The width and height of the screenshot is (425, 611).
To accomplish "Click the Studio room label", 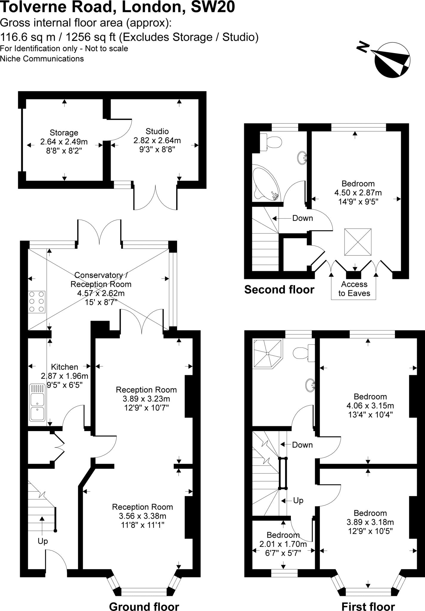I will point(157,132).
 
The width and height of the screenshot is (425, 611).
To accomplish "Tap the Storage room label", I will point(64,133).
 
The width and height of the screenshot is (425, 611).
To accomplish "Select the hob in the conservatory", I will point(37,302).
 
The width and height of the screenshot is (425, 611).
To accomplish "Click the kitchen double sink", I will point(37,402).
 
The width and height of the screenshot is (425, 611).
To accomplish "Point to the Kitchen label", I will point(65,367).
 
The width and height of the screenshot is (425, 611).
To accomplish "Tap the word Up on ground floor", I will point(43,541).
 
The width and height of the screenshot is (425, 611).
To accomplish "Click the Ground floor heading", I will point(144,604).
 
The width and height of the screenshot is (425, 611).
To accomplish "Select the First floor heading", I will point(368,604).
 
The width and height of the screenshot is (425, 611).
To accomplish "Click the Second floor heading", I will point(279,290).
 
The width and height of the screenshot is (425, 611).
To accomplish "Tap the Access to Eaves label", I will point(354,289).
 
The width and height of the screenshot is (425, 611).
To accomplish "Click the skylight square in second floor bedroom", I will point(358,242).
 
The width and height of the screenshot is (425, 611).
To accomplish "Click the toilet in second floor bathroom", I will point(271,142).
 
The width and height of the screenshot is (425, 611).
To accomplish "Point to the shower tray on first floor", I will point(267,354).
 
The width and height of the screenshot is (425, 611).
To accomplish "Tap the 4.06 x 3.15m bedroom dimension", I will point(370,406).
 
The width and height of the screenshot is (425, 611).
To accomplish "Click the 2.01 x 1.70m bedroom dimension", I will point(283,544).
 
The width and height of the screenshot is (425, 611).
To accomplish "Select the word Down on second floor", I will point(303,218).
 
